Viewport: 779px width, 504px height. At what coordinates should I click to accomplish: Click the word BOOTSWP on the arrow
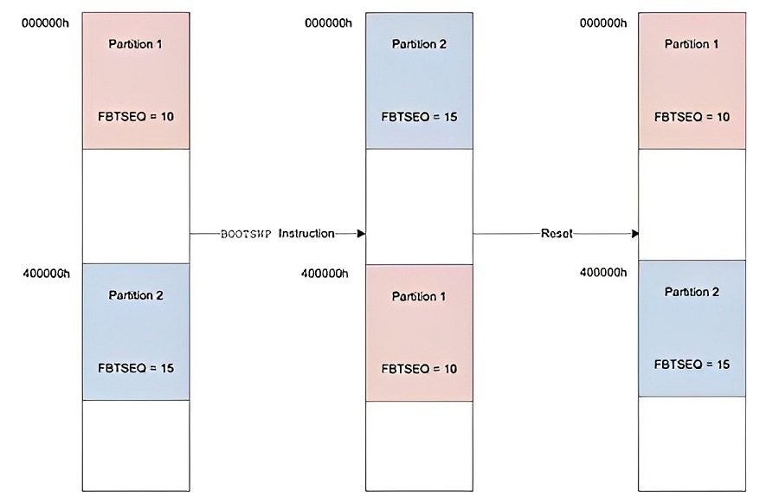[246, 234]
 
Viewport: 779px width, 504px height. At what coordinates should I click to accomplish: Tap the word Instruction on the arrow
[306, 233]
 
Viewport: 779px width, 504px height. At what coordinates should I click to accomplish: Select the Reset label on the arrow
[557, 233]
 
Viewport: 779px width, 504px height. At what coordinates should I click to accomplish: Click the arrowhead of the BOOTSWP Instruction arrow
[362, 233]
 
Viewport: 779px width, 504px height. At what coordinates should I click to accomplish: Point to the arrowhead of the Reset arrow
[635, 233]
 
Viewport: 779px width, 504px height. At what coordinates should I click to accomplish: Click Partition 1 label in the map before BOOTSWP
[136, 44]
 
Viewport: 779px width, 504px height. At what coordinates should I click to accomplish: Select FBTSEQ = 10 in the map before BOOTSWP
[136, 117]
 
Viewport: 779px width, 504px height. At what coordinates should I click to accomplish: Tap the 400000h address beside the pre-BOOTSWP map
[46, 274]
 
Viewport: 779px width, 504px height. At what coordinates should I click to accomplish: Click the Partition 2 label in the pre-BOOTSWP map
[136, 295]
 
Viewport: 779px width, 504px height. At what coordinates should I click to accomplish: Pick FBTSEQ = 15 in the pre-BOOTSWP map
[136, 368]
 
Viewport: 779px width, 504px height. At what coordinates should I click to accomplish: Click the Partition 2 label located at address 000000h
[419, 44]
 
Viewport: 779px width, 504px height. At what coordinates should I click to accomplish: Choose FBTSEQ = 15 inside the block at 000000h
[419, 117]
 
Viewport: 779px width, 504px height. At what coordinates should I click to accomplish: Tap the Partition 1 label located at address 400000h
[419, 296]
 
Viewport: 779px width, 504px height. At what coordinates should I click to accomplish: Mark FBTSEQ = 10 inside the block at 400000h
[419, 369]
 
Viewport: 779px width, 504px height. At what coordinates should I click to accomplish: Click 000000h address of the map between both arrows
[328, 23]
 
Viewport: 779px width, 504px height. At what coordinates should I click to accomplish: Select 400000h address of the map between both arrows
[325, 274]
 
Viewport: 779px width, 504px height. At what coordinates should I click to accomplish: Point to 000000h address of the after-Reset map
[603, 23]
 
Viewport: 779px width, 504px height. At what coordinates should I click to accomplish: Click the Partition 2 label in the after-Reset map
[692, 292]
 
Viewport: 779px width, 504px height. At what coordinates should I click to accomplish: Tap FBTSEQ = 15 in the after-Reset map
[692, 365]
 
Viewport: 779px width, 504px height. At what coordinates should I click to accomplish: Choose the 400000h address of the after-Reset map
[603, 273]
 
